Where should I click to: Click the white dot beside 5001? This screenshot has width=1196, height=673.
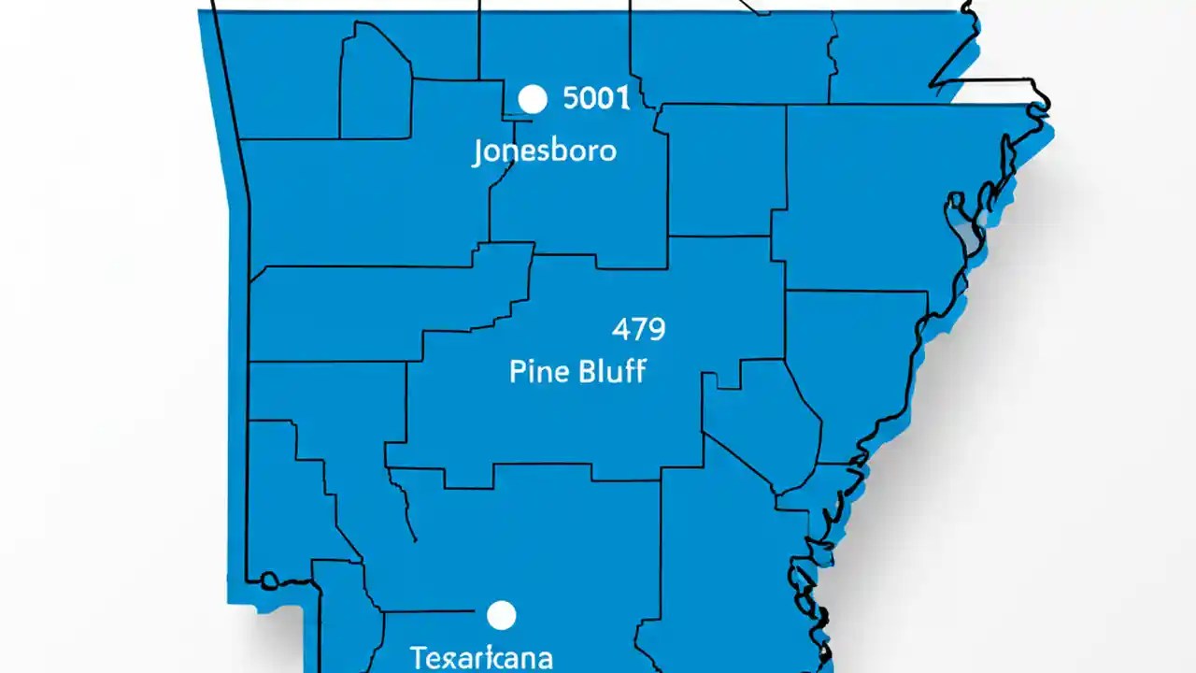point(532,99)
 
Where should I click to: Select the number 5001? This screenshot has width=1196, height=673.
point(597,98)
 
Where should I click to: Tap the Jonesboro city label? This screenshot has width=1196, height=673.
point(544,151)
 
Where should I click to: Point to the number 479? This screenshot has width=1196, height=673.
point(638,329)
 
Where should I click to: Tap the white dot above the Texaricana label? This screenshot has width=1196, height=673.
point(502,615)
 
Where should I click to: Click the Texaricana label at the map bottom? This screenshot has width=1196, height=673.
point(480,656)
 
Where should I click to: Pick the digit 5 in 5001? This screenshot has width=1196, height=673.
point(572,98)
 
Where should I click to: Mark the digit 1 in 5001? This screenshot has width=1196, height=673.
point(622,98)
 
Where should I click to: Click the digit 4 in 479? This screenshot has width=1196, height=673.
point(620,329)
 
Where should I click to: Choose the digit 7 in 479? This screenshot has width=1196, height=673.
point(638,329)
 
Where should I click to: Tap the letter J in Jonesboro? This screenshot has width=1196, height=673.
point(477,152)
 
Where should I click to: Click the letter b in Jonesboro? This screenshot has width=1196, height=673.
point(557,150)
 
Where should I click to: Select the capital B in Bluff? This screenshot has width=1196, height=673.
point(587,371)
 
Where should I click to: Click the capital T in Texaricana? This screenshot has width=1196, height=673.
point(417,656)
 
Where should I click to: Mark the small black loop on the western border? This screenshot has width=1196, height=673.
point(269,580)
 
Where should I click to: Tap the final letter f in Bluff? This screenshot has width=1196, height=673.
point(639,371)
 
